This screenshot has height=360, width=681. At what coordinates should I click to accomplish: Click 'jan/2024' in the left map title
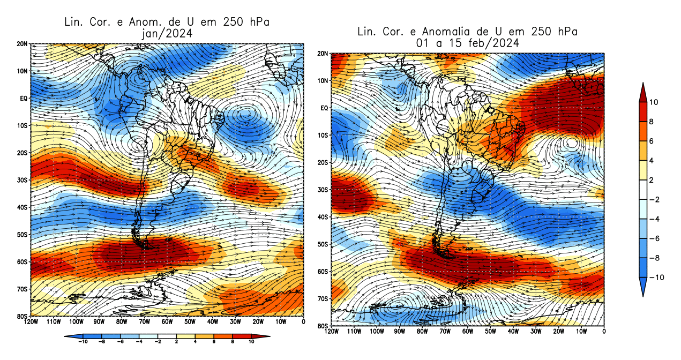click(166, 33)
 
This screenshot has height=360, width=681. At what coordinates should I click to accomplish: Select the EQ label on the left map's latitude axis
click(24, 99)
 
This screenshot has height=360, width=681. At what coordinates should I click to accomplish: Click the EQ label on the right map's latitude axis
click(324, 108)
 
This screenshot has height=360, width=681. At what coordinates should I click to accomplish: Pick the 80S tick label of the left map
click(23, 317)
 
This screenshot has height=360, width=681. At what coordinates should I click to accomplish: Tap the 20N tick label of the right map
click(323, 54)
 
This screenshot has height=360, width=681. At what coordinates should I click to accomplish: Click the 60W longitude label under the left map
click(167, 322)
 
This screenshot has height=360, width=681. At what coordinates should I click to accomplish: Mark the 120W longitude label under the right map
click(332, 332)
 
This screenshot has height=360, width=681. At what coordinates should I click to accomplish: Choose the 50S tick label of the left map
click(23, 235)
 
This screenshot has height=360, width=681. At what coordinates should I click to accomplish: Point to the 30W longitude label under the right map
click(536, 332)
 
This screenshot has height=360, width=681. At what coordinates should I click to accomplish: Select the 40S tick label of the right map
click(323, 217)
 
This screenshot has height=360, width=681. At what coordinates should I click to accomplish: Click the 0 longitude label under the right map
click(604, 332)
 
